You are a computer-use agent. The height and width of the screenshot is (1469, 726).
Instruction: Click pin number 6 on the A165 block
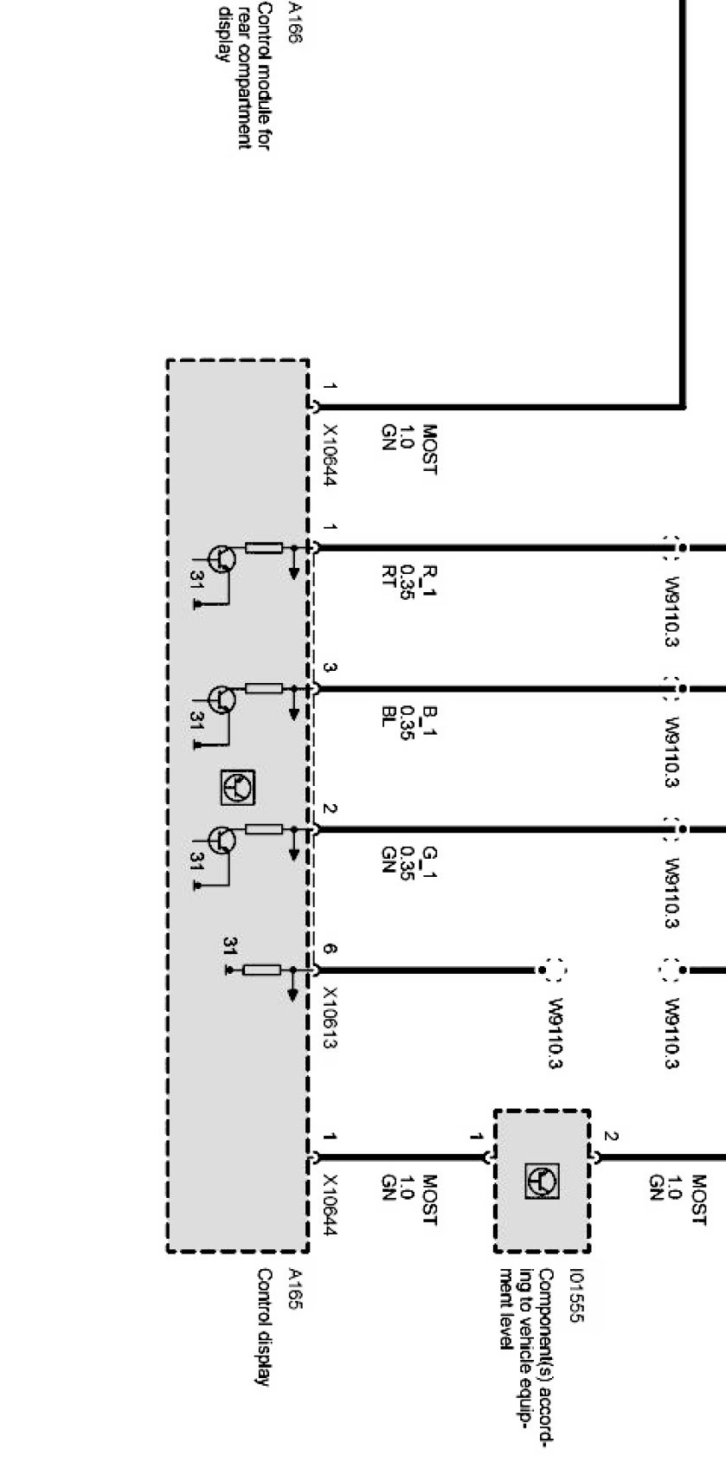pyautogui.click(x=329, y=949)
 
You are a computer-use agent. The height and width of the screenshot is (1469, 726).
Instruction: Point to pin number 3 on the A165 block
pyautogui.click(x=329, y=668)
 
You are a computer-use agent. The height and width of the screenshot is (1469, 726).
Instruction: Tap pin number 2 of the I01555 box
pyautogui.click(x=611, y=1137)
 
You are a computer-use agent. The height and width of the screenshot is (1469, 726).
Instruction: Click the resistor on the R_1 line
pyautogui.click(x=264, y=547)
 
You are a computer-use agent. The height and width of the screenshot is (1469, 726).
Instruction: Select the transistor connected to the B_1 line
pyautogui.click(x=222, y=699)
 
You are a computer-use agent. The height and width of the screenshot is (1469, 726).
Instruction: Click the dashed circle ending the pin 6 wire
pyautogui.click(x=554, y=970)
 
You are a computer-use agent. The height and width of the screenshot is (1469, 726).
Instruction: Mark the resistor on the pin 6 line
pyautogui.click(x=261, y=970)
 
